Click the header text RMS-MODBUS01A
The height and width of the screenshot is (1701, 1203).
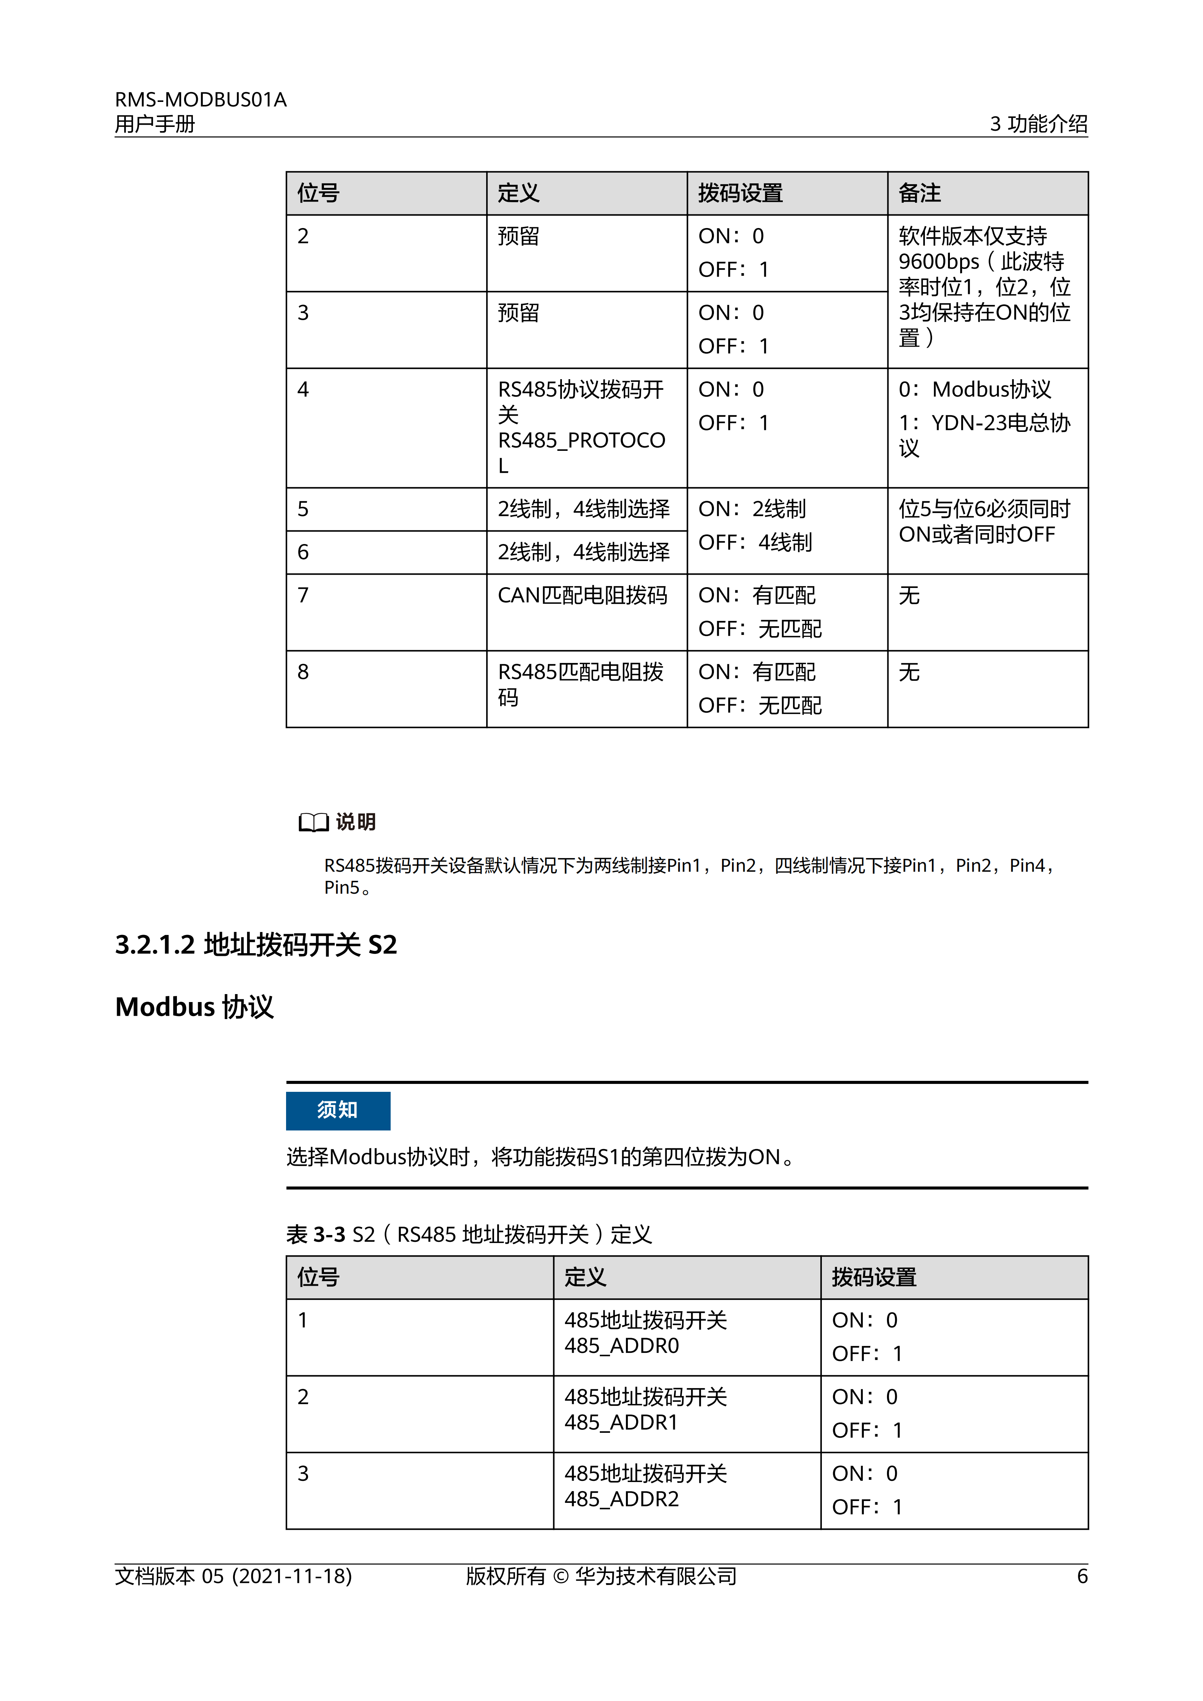pyautogui.click(x=200, y=99)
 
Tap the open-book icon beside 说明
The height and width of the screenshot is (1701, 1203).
pyautogui.click(x=313, y=822)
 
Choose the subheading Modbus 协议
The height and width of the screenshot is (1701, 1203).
pyautogui.click(x=194, y=1007)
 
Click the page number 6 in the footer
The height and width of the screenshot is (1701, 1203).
pyautogui.click(x=1081, y=1576)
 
